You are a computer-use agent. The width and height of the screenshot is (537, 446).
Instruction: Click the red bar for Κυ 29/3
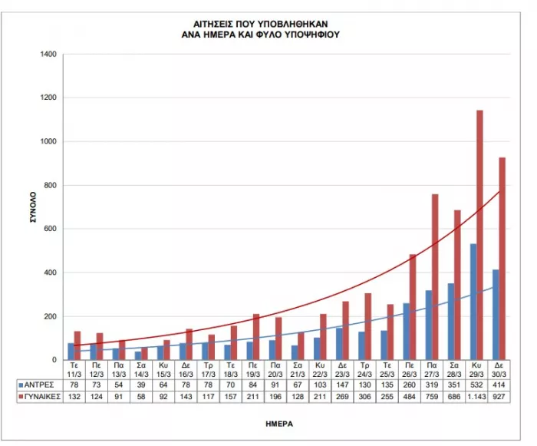point(479,235)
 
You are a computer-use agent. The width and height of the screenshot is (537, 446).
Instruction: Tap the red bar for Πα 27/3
point(435,277)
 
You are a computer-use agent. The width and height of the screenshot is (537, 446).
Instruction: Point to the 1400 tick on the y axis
point(48,55)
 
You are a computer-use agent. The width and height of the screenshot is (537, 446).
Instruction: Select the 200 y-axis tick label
point(50,316)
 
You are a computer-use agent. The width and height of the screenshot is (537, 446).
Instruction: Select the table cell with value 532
point(476,382)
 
